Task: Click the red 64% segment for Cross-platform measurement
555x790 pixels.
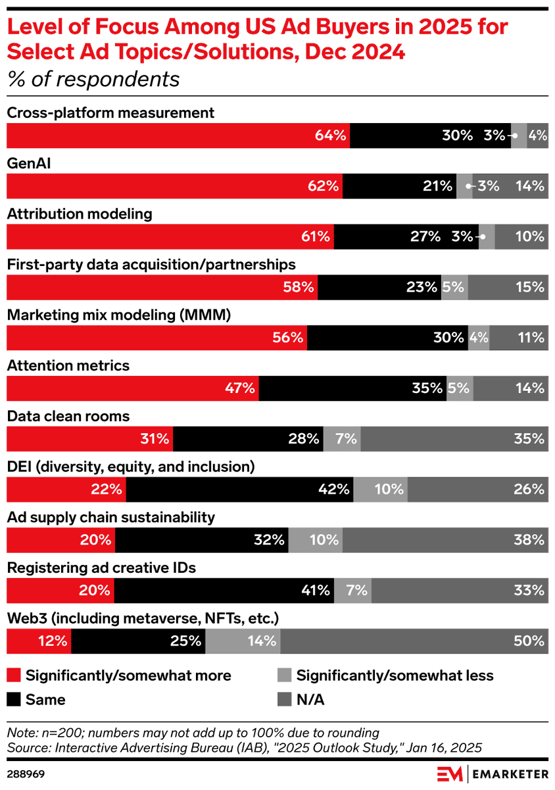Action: point(178,136)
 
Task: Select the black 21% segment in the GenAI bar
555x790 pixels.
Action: point(399,186)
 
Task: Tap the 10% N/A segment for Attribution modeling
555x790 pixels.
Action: point(521,236)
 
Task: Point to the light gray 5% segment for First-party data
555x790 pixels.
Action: point(454,287)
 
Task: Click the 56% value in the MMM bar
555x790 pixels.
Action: point(287,338)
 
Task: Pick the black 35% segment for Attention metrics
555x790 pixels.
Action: point(352,388)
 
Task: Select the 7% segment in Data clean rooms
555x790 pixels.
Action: point(342,438)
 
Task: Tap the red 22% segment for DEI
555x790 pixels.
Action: point(66,490)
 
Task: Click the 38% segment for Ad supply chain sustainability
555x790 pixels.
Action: point(445,540)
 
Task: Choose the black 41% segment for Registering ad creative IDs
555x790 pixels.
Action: point(224,591)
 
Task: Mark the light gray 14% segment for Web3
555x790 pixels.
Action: point(243,641)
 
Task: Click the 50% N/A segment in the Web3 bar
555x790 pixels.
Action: point(414,641)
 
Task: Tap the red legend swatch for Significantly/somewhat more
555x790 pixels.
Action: point(14,675)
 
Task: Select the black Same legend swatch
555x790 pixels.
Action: point(14,699)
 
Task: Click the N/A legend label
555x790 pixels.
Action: point(310,700)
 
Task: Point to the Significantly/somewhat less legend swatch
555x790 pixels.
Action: point(284,675)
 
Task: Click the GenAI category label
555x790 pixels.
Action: point(29,164)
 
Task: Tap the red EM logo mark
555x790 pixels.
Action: point(450,774)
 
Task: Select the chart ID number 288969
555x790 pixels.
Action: point(26,774)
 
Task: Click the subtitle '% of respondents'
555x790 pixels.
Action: point(93,79)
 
